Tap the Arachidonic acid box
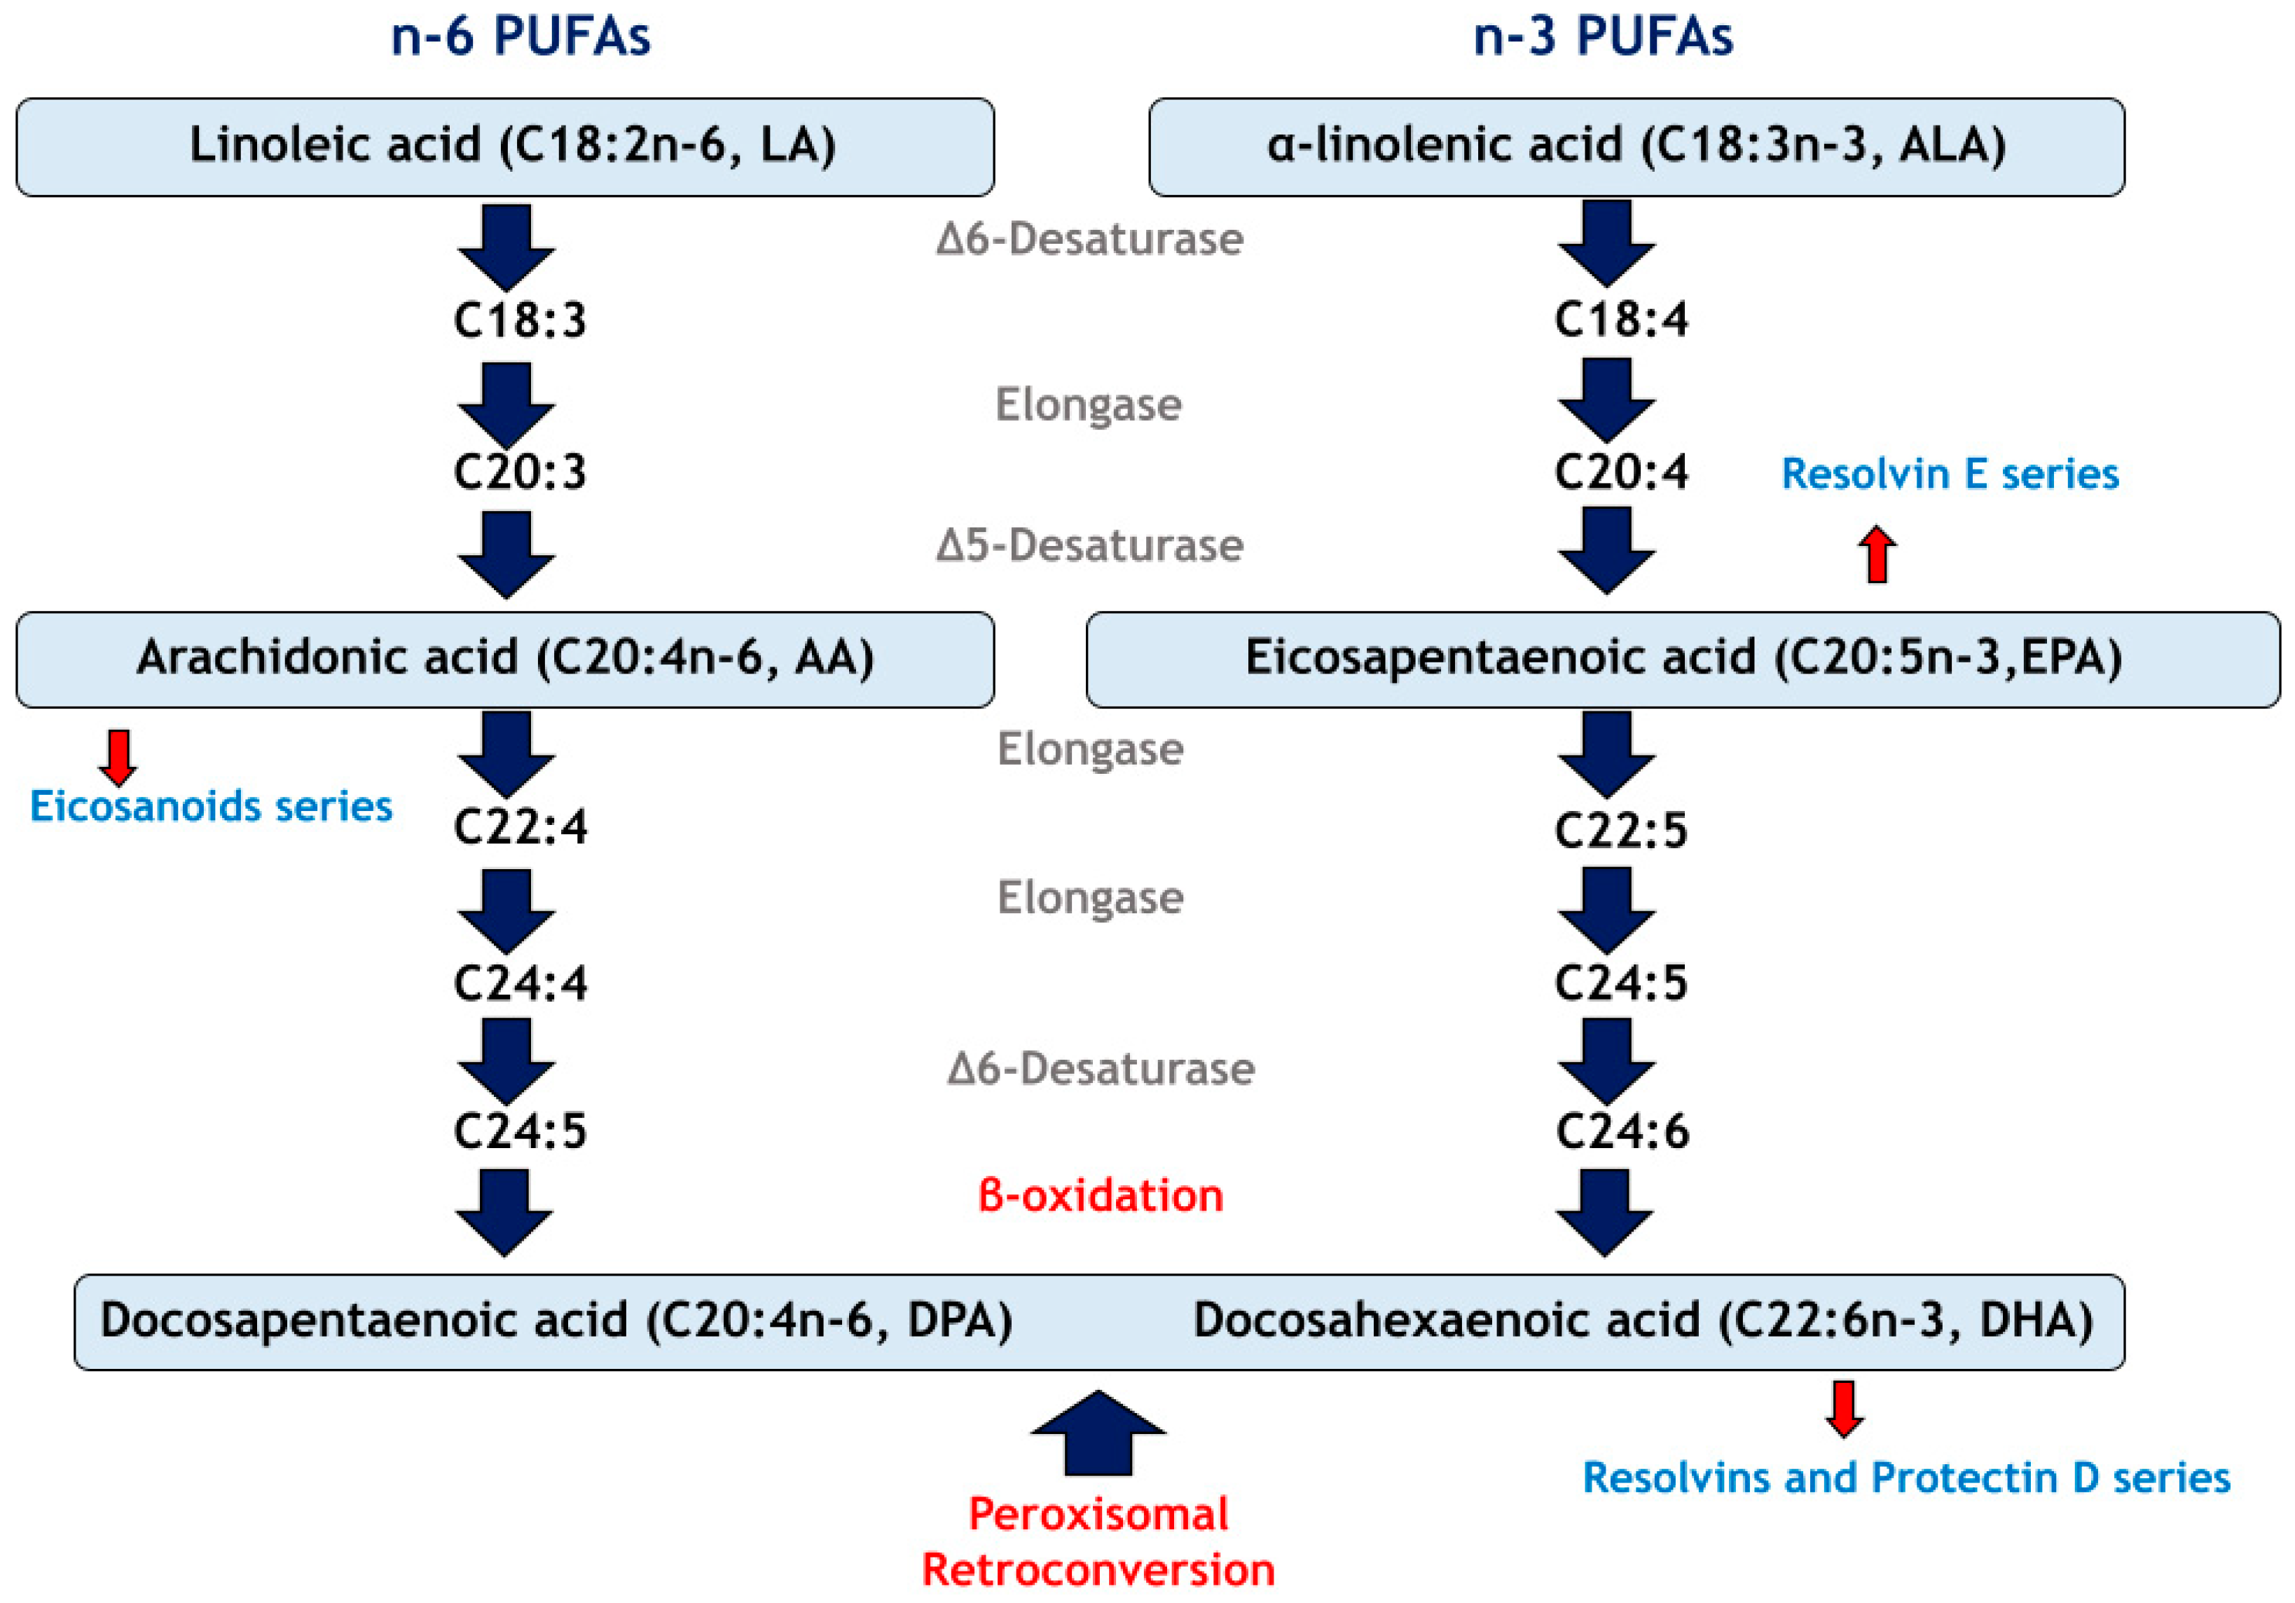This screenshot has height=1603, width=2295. tap(505, 659)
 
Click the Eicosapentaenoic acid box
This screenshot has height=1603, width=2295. tap(1683, 659)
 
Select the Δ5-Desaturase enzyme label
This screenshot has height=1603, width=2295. tap(1089, 546)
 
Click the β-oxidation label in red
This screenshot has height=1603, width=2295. tap(1100, 1195)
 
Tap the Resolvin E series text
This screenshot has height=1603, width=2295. tap(1949, 474)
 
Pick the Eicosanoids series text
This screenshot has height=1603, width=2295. tap(211, 806)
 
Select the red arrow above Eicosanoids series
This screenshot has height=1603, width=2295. tap(118, 757)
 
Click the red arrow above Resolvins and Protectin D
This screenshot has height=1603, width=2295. tap(1844, 1408)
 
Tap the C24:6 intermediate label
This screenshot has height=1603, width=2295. tap(1621, 1132)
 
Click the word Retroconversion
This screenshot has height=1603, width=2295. tap(1098, 1570)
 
